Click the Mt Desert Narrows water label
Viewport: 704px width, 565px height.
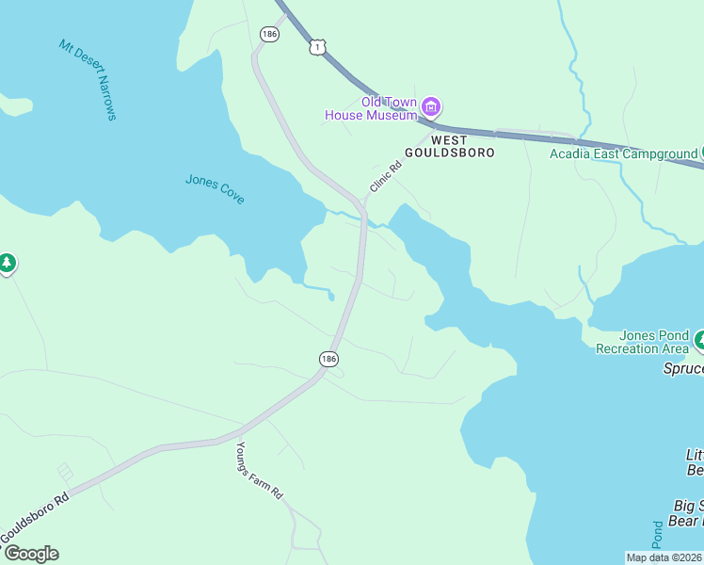click(x=88, y=80)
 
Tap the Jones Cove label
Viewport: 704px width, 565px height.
click(x=215, y=188)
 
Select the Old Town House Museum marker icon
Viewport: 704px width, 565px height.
click(x=431, y=106)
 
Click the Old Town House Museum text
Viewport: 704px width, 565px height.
click(x=371, y=108)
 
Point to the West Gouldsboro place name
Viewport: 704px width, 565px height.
click(x=449, y=145)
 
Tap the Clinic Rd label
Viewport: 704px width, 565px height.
click(x=385, y=176)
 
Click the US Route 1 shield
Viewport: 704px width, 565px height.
click(x=319, y=46)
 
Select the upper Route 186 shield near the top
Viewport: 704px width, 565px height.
click(x=270, y=34)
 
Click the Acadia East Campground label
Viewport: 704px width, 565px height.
click(x=623, y=153)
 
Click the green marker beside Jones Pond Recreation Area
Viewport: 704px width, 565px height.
click(x=700, y=337)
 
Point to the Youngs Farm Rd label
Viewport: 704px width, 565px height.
click(x=259, y=471)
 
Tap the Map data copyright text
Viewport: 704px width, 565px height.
click(x=663, y=557)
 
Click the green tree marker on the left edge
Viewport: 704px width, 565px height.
click(x=7, y=263)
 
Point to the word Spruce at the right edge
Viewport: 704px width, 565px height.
click(x=682, y=368)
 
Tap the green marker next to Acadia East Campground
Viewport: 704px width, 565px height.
click(x=700, y=153)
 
